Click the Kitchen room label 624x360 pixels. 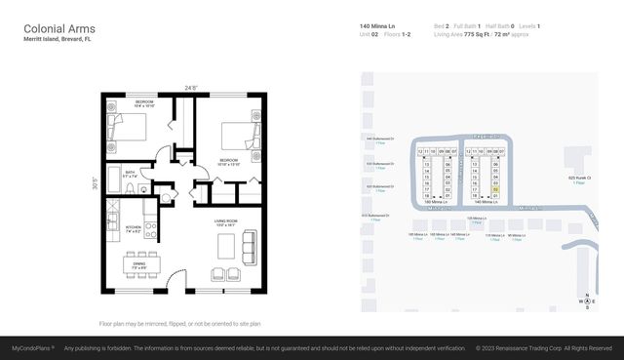pyautogui.click(x=135, y=226)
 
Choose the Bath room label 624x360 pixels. pyautogui.click(x=131, y=173)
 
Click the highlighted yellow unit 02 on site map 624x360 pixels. pyautogui.click(x=496, y=189)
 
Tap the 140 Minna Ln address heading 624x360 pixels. pyautogui.click(x=377, y=25)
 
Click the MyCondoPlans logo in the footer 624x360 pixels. pyautogui.click(x=32, y=348)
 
